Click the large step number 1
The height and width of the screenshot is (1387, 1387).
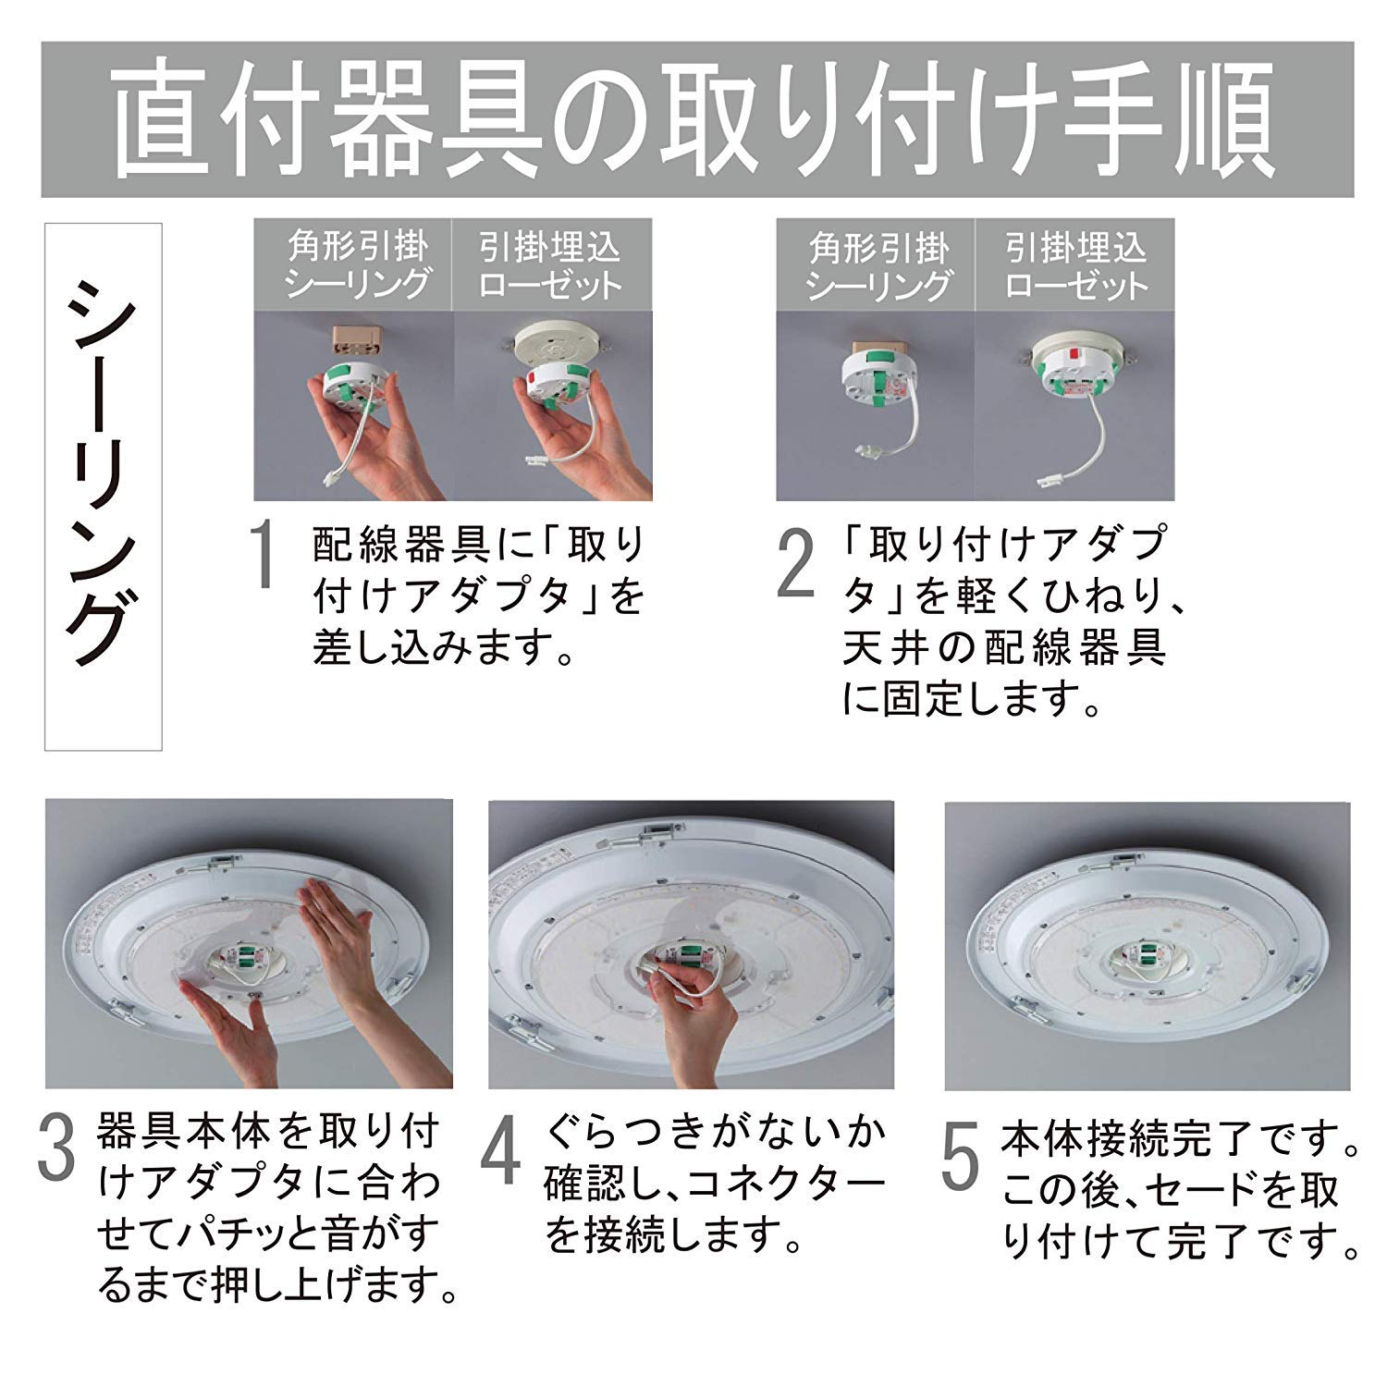(x=264, y=554)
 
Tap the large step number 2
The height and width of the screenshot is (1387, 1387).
(x=795, y=563)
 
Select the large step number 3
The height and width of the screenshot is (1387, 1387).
(x=56, y=1148)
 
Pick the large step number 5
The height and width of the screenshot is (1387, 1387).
(x=960, y=1156)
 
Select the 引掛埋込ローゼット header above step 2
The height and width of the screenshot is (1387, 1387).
(x=1074, y=265)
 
